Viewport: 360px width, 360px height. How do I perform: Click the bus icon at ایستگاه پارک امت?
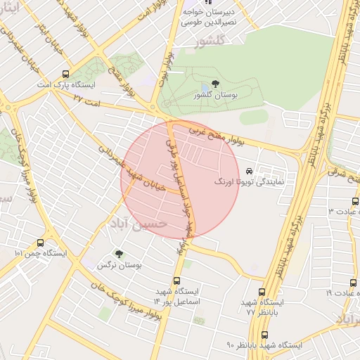[66, 73]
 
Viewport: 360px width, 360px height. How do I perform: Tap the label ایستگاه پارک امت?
[66, 84]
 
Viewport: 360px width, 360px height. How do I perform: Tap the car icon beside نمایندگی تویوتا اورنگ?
[250, 170]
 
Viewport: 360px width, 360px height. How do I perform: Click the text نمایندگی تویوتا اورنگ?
[249, 181]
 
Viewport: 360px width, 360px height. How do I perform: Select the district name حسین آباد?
[138, 223]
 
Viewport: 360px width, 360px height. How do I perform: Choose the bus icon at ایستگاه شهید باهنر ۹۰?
[264, 335]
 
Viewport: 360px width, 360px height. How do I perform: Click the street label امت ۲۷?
[88, 101]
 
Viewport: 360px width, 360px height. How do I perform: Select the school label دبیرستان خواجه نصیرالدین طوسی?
[209, 18]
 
